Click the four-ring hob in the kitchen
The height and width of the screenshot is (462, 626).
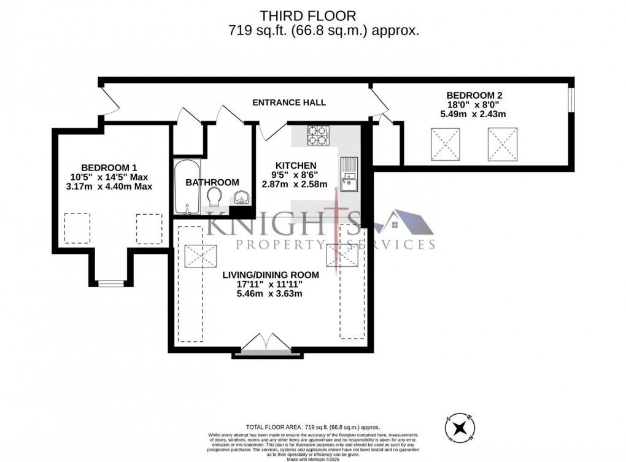317,136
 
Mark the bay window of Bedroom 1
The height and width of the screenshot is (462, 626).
111,283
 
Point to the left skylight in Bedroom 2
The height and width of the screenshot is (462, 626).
446,144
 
